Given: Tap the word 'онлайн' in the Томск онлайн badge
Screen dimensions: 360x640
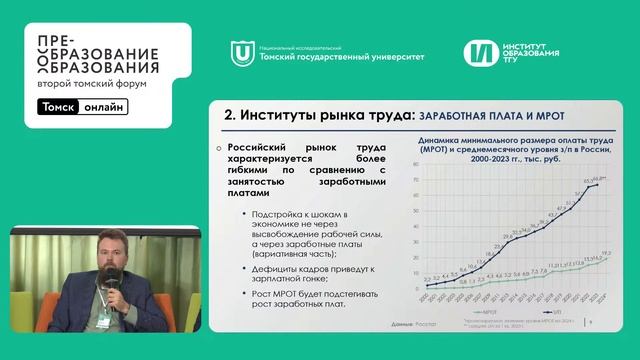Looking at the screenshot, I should click(104, 107).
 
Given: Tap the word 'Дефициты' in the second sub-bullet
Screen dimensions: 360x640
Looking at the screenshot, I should click(278, 268).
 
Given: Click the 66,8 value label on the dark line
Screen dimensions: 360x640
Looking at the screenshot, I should click(596, 177).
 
